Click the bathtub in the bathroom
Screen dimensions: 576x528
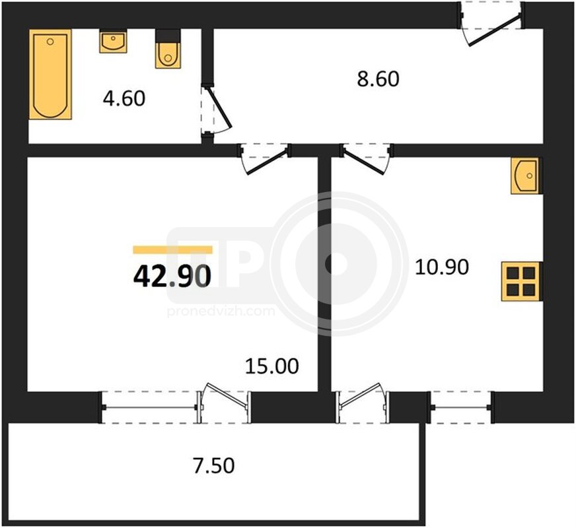50,75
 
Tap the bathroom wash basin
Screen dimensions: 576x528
113,41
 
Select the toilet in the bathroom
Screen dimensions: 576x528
168,49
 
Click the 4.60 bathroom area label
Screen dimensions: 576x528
124,98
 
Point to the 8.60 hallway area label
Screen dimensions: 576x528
378,79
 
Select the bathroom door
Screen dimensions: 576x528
217,110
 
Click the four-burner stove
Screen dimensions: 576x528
521,281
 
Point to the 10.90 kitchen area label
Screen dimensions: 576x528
442,267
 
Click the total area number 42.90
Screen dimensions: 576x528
172,276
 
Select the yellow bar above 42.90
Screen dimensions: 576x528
172,250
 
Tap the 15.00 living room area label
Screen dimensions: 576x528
272,366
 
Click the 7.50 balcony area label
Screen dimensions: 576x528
214,465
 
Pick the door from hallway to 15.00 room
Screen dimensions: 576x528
264,158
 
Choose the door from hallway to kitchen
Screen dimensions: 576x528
367,158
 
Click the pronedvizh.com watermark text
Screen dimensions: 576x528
221,312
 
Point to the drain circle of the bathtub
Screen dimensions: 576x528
50,42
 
